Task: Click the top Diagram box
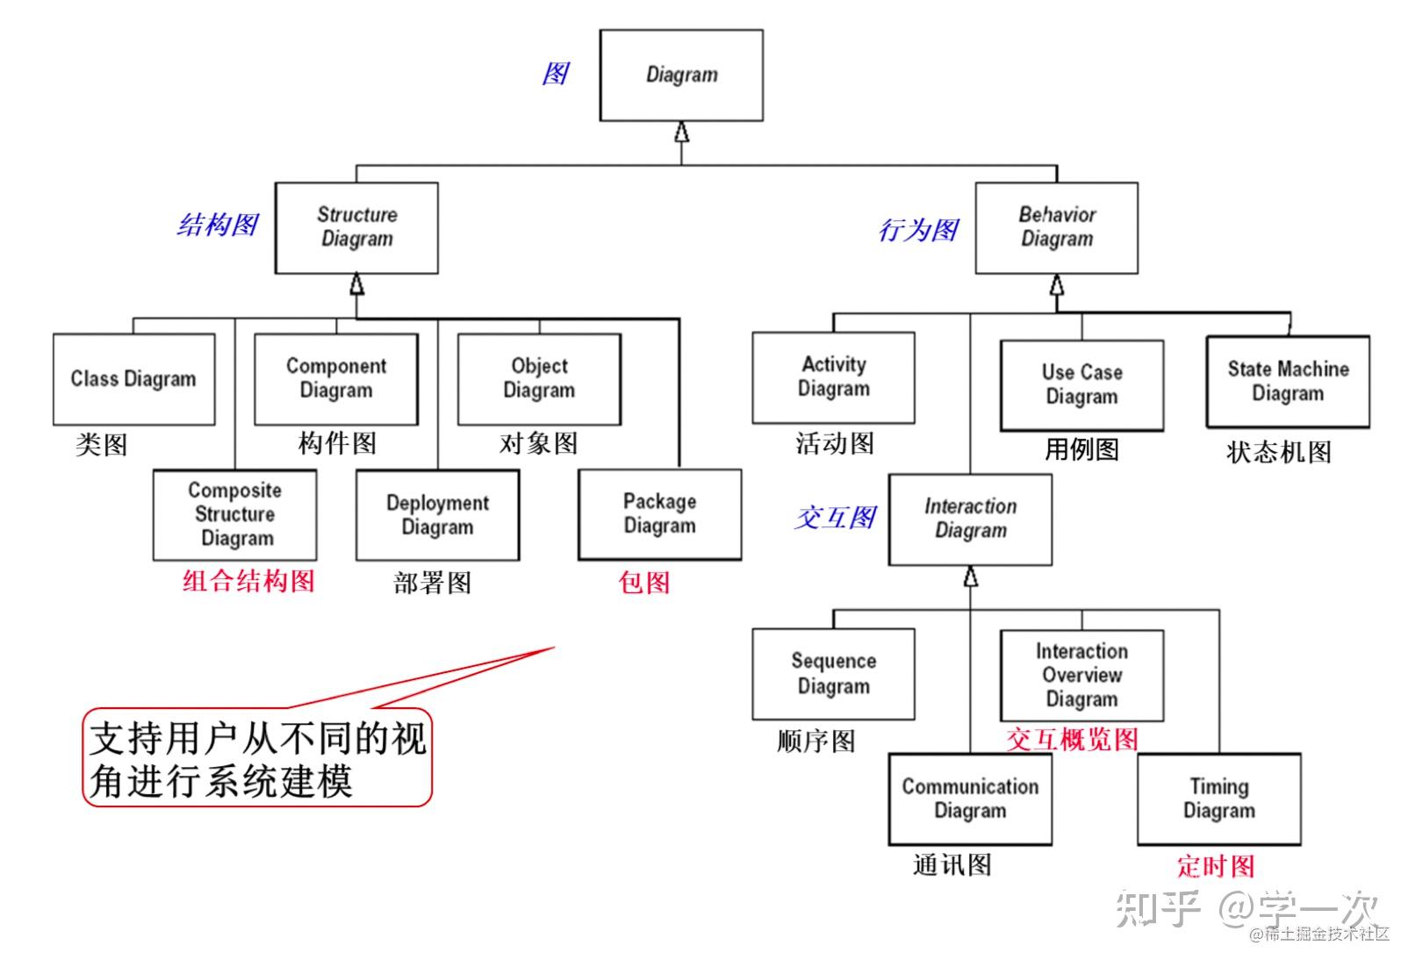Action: point(681,75)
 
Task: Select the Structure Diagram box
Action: point(356,227)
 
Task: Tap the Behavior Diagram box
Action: point(1056,227)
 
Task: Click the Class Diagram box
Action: point(133,379)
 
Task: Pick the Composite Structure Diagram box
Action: point(235,515)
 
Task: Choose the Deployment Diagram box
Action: point(437,515)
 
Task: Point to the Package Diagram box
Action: point(659,514)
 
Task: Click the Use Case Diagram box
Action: point(1081,385)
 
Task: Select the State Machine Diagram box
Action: point(1287,382)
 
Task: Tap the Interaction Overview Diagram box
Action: point(1081,676)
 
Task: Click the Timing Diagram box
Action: point(1218,799)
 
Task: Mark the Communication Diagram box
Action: point(970,799)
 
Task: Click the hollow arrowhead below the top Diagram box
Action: point(681,133)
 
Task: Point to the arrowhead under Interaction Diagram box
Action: point(970,577)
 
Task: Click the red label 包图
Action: point(644,582)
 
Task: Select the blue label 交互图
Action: point(835,518)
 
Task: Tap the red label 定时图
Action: point(1215,866)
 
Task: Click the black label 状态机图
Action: point(1278,452)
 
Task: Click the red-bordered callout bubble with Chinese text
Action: point(257,758)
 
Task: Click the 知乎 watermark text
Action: point(1158,909)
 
